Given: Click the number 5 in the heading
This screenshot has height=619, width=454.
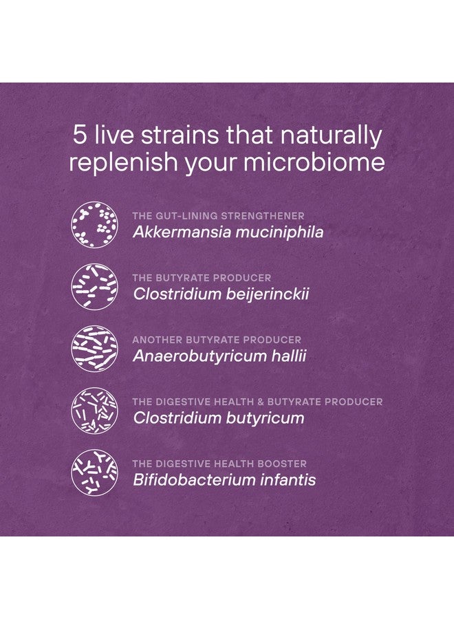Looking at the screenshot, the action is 79,135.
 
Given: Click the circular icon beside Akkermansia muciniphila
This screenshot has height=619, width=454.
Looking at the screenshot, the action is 94,225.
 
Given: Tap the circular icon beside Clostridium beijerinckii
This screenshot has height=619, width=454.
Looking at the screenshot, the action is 94,287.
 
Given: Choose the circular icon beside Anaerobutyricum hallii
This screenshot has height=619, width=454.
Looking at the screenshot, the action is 94,349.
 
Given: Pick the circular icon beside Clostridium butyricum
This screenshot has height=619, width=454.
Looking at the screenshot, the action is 94,411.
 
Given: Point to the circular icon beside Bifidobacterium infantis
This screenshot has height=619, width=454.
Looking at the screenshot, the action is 94,473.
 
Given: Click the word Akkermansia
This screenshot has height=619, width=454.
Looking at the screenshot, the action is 182,232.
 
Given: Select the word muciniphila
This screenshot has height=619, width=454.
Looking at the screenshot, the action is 279,232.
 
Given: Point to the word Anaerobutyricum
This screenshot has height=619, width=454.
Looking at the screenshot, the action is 199,356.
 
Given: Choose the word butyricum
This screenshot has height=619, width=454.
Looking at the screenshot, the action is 266,418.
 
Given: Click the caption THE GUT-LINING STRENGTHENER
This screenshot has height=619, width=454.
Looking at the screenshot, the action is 218,216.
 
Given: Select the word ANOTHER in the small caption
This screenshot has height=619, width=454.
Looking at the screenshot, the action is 157,340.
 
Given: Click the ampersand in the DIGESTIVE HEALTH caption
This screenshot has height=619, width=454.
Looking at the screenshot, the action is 261,402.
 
